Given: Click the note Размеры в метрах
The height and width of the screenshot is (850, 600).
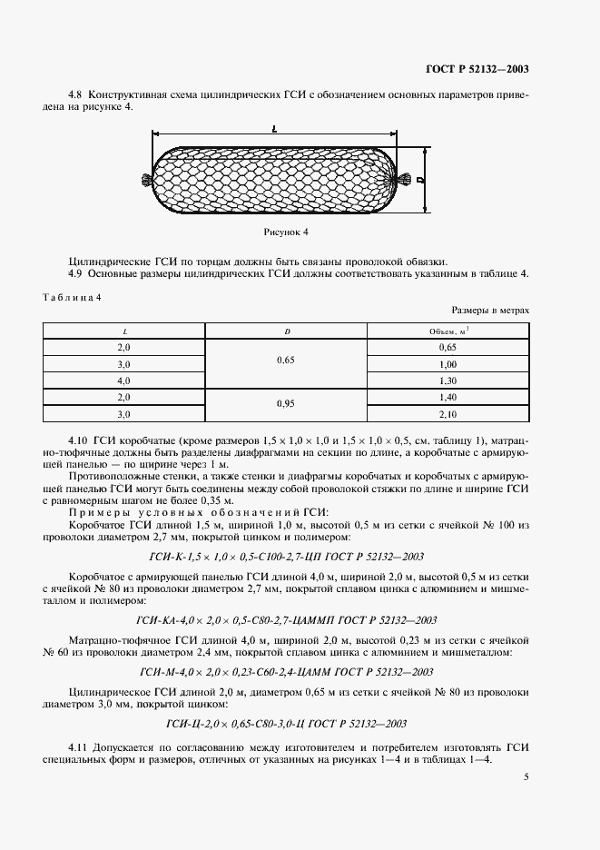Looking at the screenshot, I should (x=491, y=310).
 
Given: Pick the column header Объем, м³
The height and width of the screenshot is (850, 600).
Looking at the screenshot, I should (x=448, y=331).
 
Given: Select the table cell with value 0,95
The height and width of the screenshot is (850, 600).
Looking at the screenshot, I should (x=287, y=406).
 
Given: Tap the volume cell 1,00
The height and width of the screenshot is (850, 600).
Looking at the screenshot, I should (x=448, y=364).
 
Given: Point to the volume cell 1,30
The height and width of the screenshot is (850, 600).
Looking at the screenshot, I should (x=448, y=381).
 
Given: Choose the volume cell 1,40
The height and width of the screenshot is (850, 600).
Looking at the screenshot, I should (x=448, y=397).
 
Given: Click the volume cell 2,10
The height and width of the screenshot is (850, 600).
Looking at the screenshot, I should (x=448, y=414).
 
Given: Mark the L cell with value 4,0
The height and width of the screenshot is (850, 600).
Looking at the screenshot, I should (x=124, y=381).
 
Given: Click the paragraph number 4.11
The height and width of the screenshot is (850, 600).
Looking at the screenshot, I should (x=80, y=746).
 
